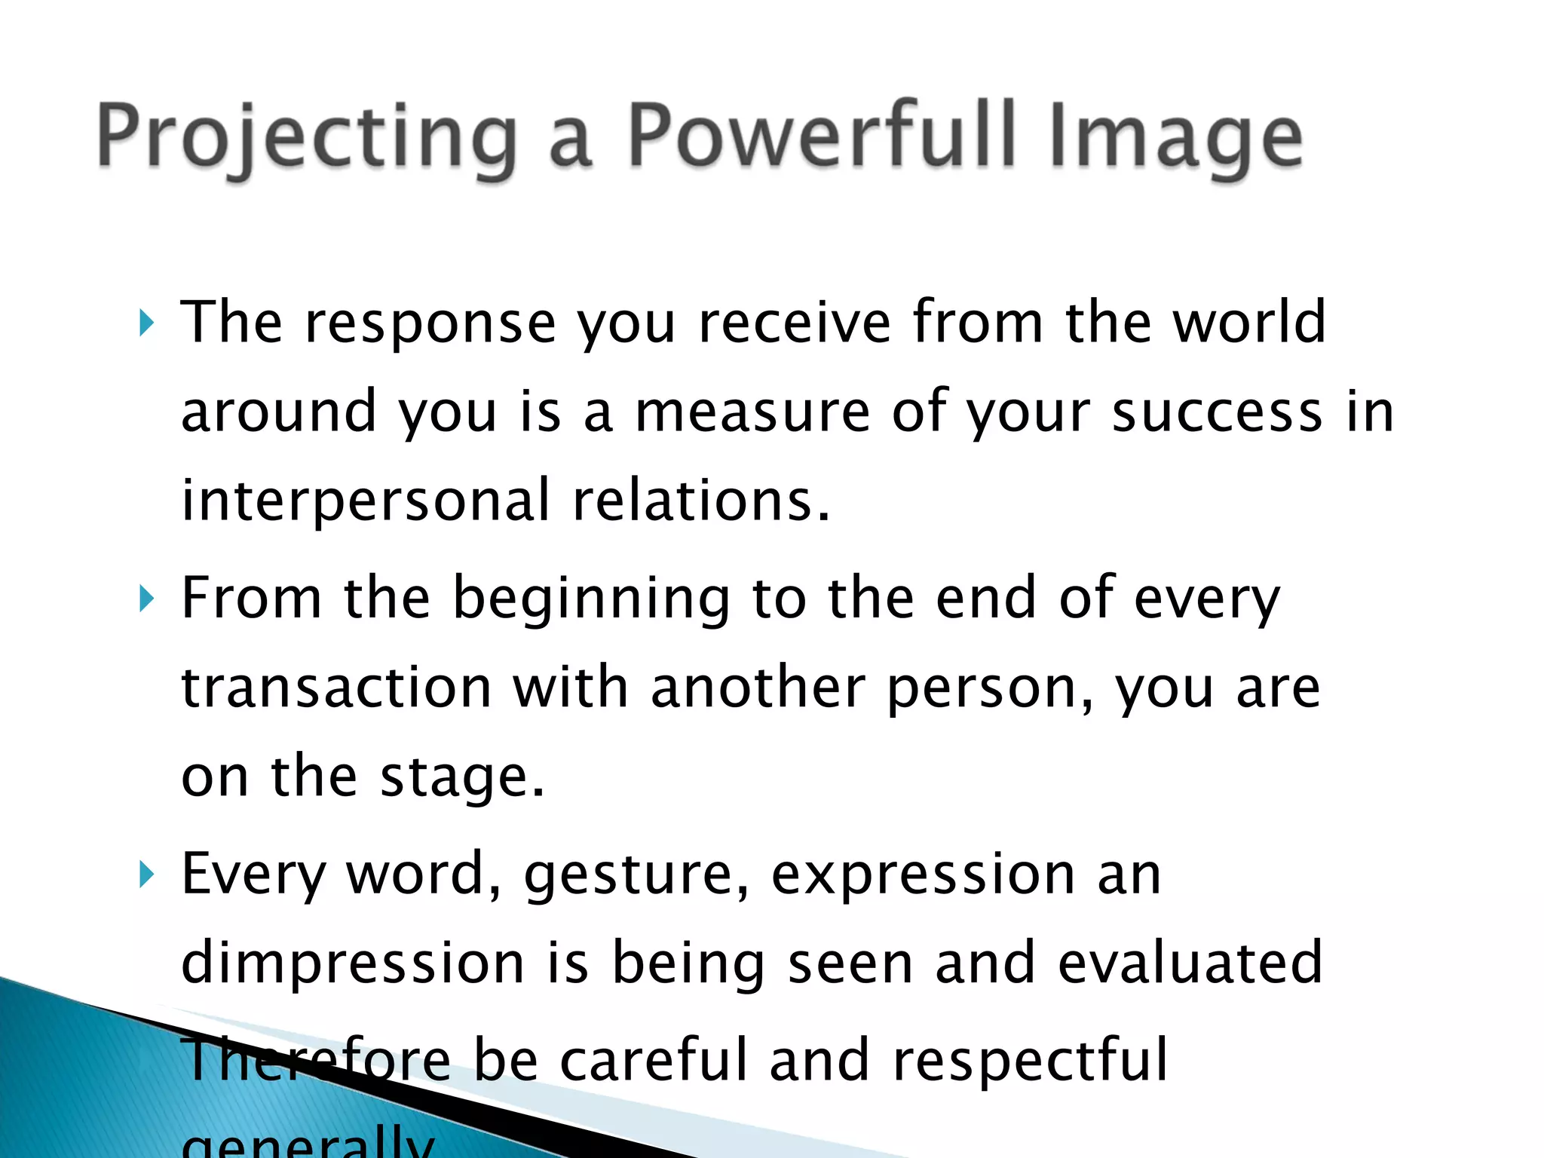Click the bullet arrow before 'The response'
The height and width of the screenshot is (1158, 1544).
[x=146, y=324]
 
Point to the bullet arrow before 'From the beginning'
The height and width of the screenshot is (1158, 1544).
[x=146, y=600]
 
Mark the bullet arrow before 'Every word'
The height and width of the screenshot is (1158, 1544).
[x=146, y=875]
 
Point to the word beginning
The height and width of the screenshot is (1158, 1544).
[x=592, y=600]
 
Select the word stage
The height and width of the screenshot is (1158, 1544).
[x=461, y=778]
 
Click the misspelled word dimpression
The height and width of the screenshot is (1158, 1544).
[x=353, y=964]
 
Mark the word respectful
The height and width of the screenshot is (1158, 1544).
[x=1030, y=1060]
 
